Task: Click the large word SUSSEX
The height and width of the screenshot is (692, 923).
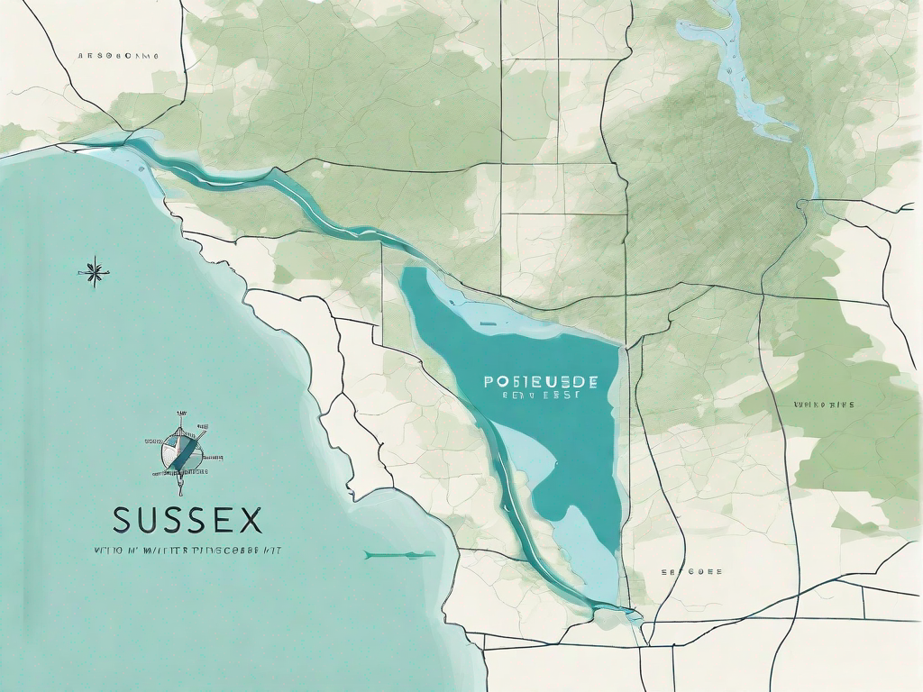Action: click(x=187, y=521)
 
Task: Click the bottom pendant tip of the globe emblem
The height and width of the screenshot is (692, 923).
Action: click(x=180, y=488)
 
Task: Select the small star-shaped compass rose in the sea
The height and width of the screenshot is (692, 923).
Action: click(x=93, y=269)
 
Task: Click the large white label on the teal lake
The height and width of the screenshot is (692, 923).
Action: click(x=534, y=381)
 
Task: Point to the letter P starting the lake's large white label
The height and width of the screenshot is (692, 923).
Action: click(x=489, y=381)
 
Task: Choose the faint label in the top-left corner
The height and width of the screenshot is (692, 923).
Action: click(x=117, y=55)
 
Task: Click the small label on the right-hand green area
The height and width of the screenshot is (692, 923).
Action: click(x=823, y=405)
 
